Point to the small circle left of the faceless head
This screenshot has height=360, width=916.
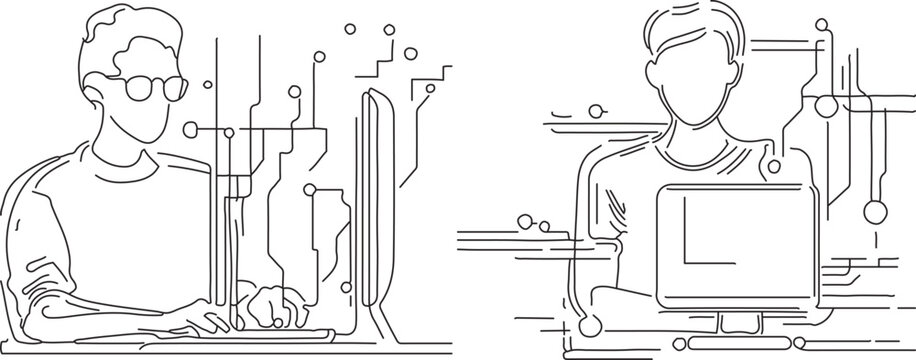[x=597, y=110]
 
